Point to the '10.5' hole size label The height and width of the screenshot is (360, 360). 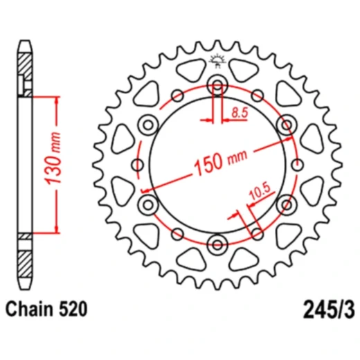258,196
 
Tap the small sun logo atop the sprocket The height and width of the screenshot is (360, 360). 217,60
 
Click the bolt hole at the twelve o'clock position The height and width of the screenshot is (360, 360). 217,87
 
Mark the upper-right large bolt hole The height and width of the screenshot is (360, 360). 285,125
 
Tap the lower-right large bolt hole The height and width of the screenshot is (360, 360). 285,204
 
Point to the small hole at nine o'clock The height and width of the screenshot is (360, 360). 138,165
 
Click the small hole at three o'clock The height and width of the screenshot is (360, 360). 297,165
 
